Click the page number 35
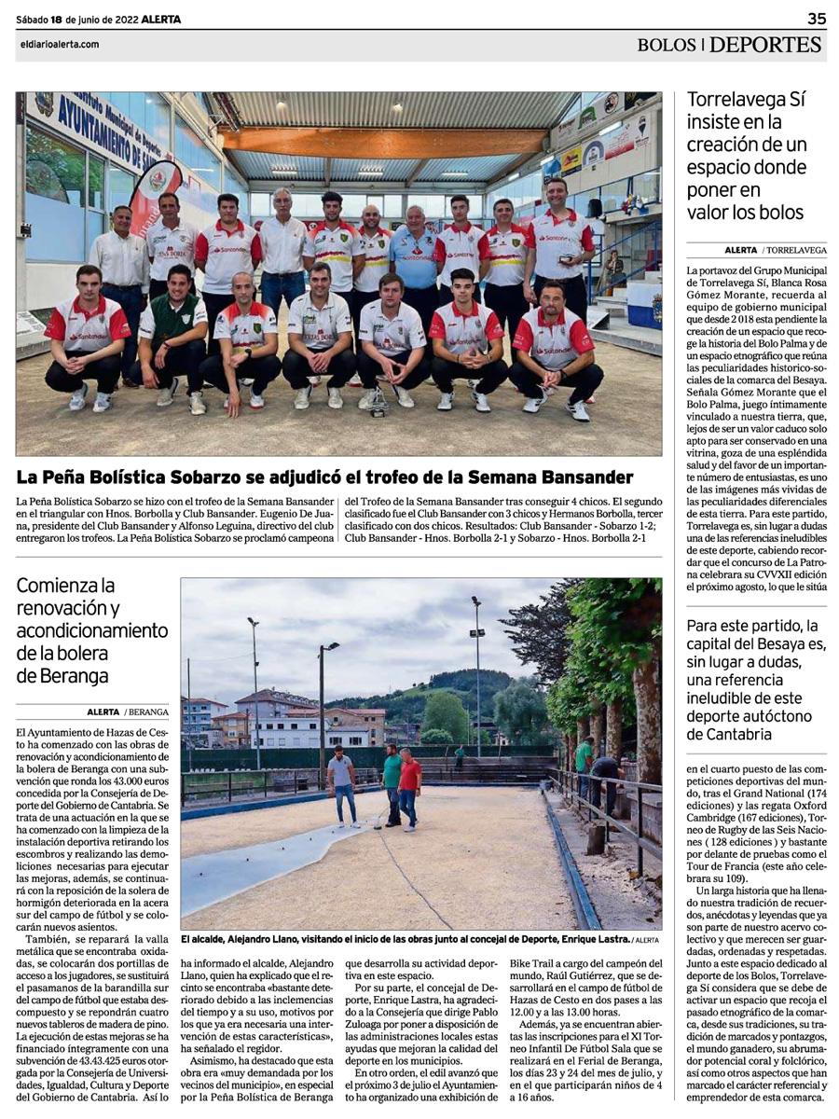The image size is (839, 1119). coord(816,18)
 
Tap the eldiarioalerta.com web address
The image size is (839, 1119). coord(58,44)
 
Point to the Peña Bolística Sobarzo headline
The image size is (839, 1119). coord(324,477)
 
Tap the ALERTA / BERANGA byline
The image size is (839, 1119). coord(128,711)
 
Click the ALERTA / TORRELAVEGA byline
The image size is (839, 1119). coord(776,250)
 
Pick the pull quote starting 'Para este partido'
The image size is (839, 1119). coord(755,679)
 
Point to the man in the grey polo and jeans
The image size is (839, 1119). coord(343,783)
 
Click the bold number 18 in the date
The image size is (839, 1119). coord(57,19)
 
